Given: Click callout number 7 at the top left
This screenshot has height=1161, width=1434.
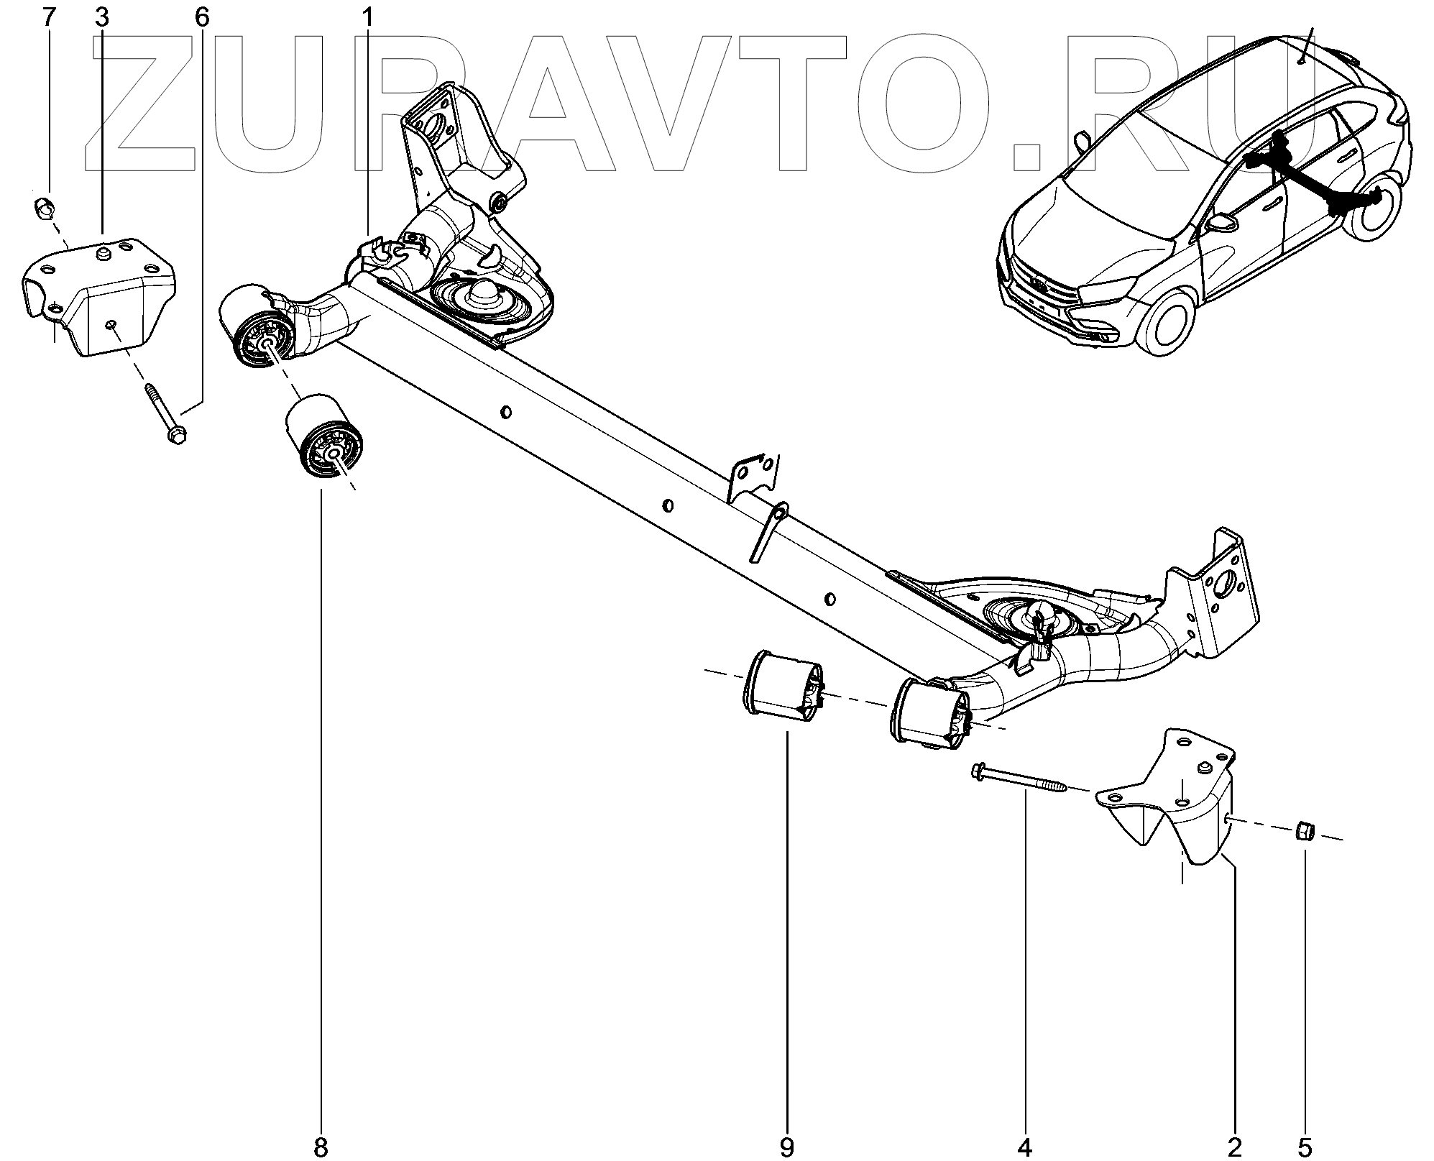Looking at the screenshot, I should [x=49, y=18].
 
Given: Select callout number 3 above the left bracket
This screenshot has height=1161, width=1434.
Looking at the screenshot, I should [x=101, y=18].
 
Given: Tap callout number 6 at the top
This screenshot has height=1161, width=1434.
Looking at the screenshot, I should [x=202, y=18].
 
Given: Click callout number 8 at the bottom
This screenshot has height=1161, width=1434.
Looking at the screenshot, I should [x=321, y=1147].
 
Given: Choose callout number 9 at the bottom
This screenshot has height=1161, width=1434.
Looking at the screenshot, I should [x=786, y=1147].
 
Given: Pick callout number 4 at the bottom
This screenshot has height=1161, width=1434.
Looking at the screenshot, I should [x=1025, y=1147].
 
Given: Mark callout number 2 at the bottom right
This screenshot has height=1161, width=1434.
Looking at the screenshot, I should [x=1235, y=1147].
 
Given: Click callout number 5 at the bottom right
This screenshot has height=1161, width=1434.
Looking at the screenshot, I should [x=1305, y=1147].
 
